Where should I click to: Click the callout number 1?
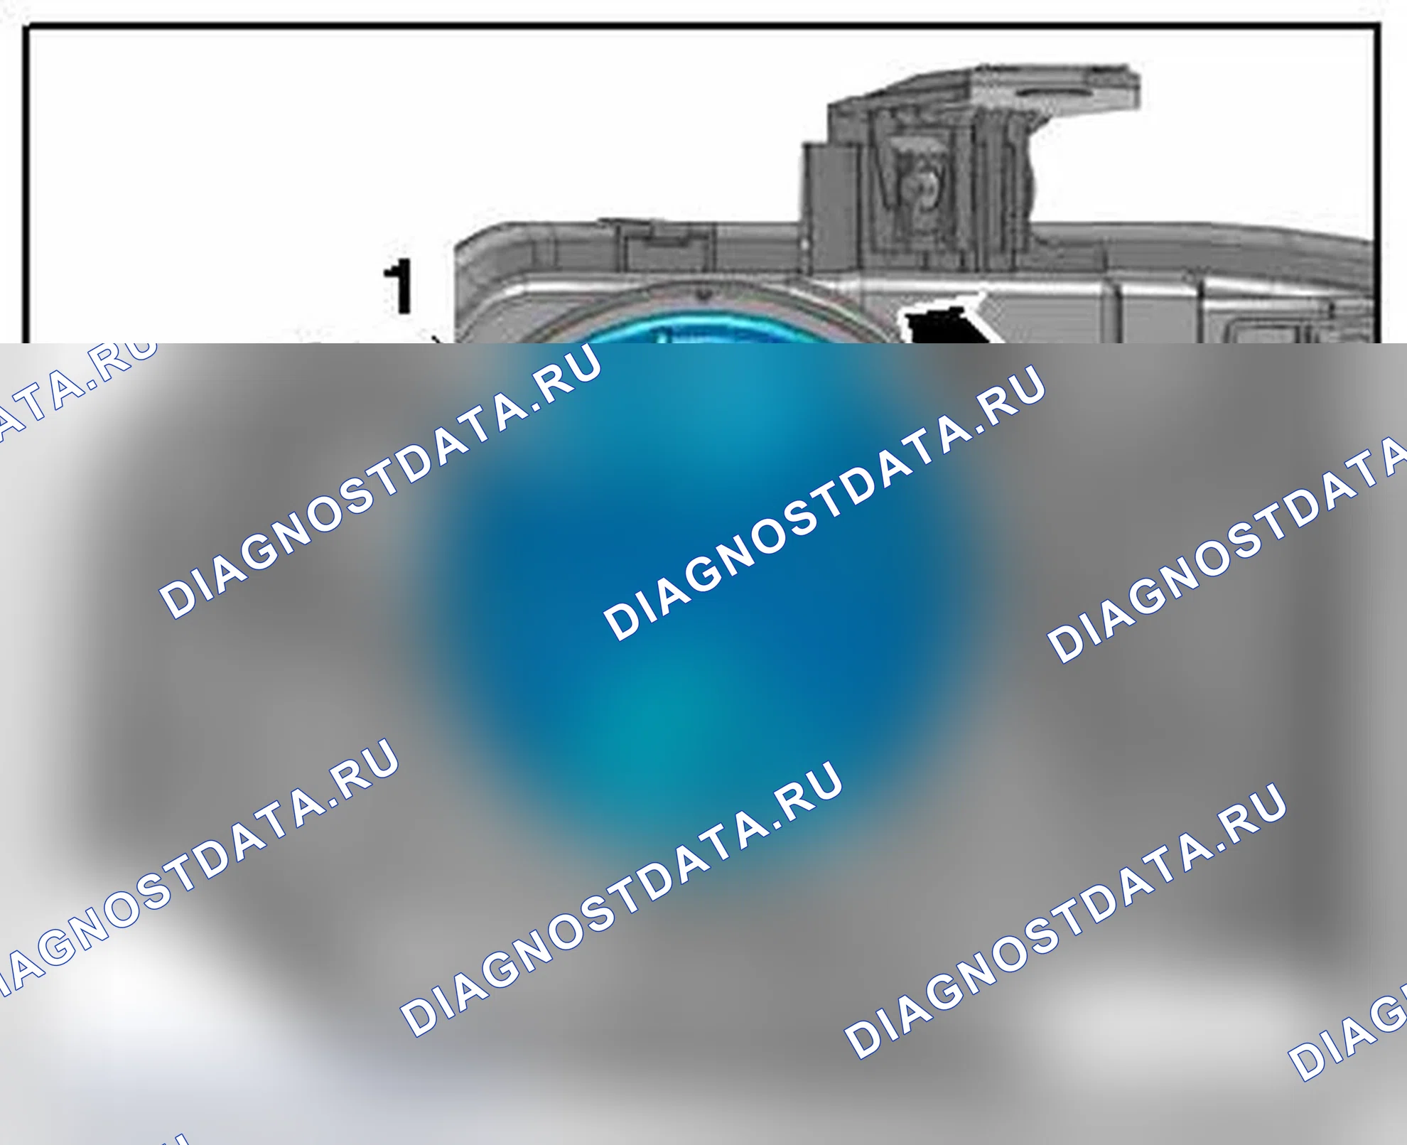tap(400, 286)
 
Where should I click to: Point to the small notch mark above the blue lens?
tap(703, 292)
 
